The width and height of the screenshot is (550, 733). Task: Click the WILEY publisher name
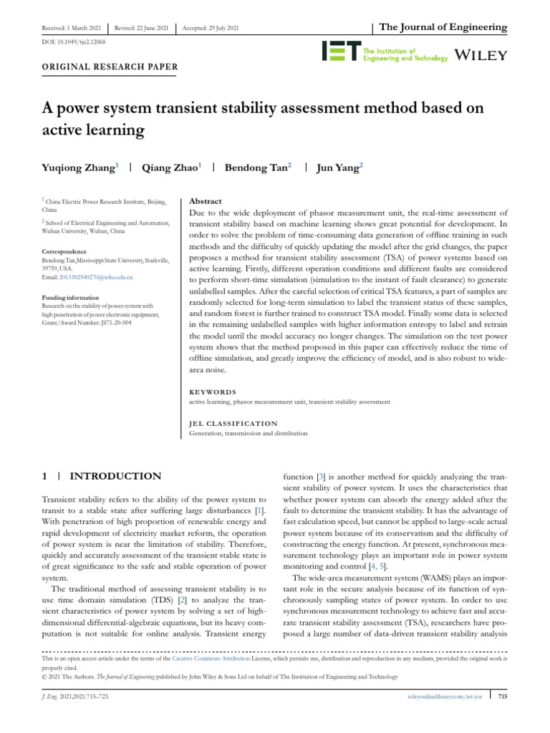[x=481, y=55]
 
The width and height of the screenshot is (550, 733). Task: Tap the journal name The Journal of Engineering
[x=443, y=27]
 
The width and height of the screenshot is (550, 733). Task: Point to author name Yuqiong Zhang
[x=80, y=168]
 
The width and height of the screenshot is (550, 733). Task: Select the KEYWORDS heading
[x=212, y=392]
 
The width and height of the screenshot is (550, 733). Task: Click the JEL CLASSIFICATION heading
[x=233, y=423]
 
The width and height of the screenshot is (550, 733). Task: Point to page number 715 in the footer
[x=502, y=695]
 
